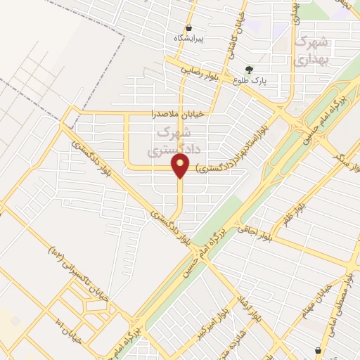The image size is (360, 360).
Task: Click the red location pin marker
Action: point(181,167)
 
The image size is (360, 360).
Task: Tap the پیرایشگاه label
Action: point(188,39)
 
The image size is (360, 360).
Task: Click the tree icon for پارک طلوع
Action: point(250,69)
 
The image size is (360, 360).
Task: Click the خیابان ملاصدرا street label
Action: point(178,113)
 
